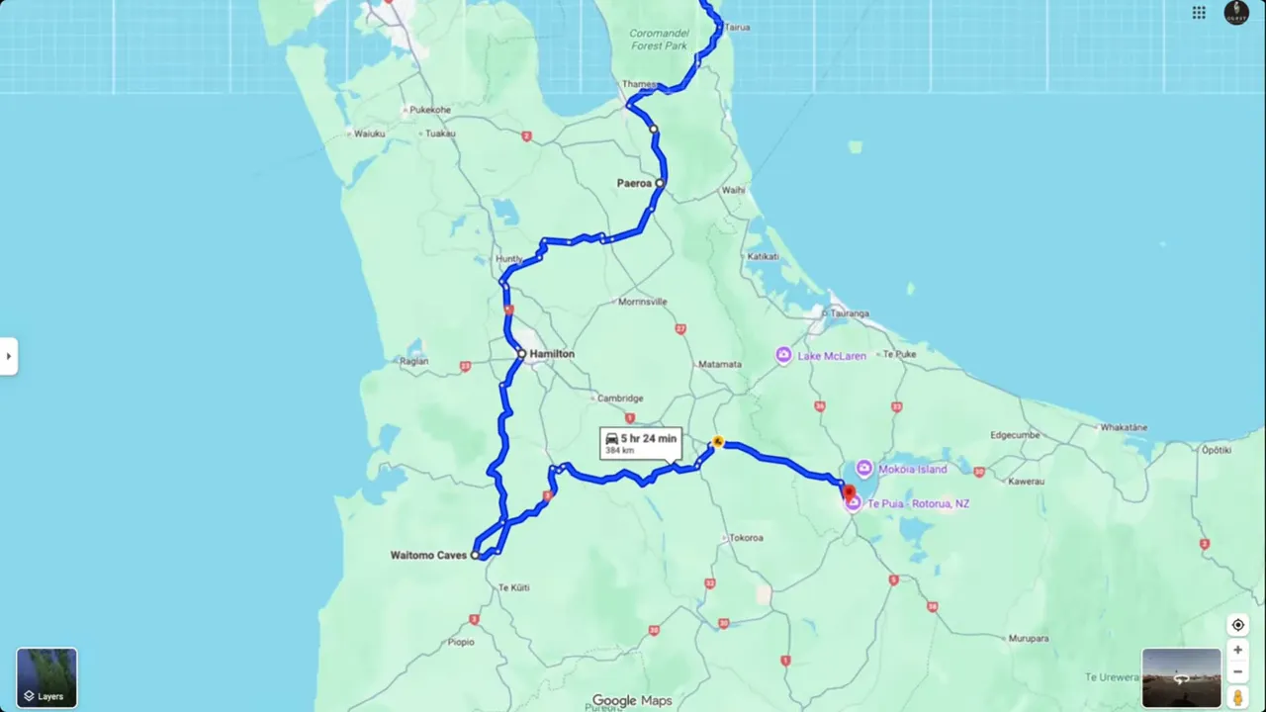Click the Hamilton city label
tap(551, 354)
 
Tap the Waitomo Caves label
tap(427, 556)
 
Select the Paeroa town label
tap(634, 183)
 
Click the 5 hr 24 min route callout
tap(640, 443)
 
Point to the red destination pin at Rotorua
tap(848, 491)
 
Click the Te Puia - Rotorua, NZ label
tap(919, 504)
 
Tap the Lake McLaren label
tap(832, 356)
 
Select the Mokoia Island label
tap(912, 469)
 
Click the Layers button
tap(46, 677)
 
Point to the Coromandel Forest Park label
tap(658, 39)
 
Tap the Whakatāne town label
tap(1124, 427)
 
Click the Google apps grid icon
tap(1199, 13)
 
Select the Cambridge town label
tap(620, 399)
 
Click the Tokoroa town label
tap(746, 538)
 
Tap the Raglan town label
tap(413, 362)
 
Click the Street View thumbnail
tap(1181, 677)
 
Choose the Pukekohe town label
tap(429, 110)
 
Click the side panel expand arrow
tap(8, 356)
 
